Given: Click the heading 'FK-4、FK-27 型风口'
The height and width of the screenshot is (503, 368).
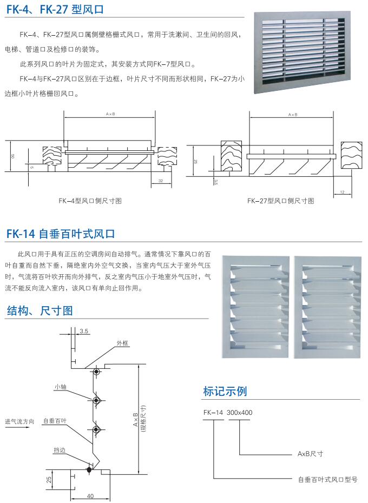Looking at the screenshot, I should pyautogui.click(x=55, y=9).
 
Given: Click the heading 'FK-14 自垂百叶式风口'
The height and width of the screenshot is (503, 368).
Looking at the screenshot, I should pyautogui.click(x=61, y=234).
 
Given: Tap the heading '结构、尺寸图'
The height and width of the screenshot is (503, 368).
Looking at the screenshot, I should pyautogui.click(x=40, y=310).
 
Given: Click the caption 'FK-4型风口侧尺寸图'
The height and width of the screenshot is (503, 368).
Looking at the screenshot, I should pyautogui.click(x=90, y=201).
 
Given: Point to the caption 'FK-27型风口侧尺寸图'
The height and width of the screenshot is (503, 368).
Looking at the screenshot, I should pyautogui.click(x=280, y=201).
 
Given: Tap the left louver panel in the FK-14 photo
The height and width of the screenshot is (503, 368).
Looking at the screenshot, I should pyautogui.click(x=255, y=306).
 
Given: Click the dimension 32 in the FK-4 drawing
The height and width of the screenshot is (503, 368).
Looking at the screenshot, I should pyautogui.click(x=161, y=180).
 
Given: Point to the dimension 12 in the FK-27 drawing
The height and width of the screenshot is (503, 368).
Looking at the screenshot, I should pyautogui.click(x=343, y=192).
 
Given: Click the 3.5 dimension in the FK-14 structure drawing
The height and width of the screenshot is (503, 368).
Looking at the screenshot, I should pyautogui.click(x=84, y=330).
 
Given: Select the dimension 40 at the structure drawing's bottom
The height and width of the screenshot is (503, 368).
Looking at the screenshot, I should pyautogui.click(x=90, y=495).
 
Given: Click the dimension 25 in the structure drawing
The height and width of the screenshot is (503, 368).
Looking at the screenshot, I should pyautogui.click(x=49, y=478).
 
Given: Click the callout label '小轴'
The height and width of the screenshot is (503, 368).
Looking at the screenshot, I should pyautogui.click(x=60, y=387).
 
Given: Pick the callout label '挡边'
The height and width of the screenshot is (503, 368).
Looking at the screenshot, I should pyautogui.click(x=60, y=449).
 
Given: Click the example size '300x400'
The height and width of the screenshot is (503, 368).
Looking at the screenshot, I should pyautogui.click(x=239, y=413).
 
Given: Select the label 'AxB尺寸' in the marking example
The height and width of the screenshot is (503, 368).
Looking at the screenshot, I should pyautogui.click(x=310, y=454).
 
